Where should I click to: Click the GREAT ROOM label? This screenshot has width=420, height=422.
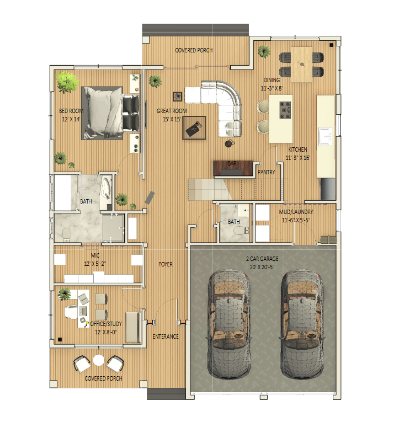[x=172, y=111]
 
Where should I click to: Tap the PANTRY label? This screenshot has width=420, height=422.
[x=266, y=172]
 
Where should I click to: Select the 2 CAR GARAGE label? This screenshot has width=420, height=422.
[x=262, y=259]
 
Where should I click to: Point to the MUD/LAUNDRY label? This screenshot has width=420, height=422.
[x=296, y=212]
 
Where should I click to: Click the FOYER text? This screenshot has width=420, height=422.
[x=166, y=265]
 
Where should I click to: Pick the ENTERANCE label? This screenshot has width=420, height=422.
[x=166, y=336]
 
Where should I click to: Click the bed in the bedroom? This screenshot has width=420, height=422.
[x=110, y=113]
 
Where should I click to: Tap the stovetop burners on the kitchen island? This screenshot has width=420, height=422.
[x=285, y=110]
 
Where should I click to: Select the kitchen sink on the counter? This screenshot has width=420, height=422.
[x=325, y=136]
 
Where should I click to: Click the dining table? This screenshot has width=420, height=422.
[x=301, y=65]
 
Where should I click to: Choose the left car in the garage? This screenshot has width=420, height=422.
[x=229, y=324]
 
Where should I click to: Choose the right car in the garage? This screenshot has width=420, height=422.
[x=301, y=324]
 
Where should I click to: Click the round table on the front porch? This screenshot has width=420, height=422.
[x=99, y=360]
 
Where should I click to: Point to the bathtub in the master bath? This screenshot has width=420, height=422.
[x=106, y=189]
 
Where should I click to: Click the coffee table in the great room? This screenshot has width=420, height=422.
[x=194, y=128]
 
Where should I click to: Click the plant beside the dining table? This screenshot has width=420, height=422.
[x=264, y=51]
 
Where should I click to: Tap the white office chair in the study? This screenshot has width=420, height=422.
[x=71, y=312]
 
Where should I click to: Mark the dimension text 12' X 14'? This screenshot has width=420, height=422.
[x=71, y=119]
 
